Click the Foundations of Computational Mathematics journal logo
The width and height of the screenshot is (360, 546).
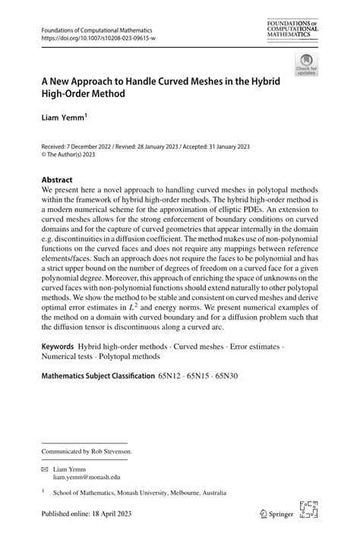point(294,31)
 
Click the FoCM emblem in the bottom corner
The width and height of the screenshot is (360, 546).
point(309,511)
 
